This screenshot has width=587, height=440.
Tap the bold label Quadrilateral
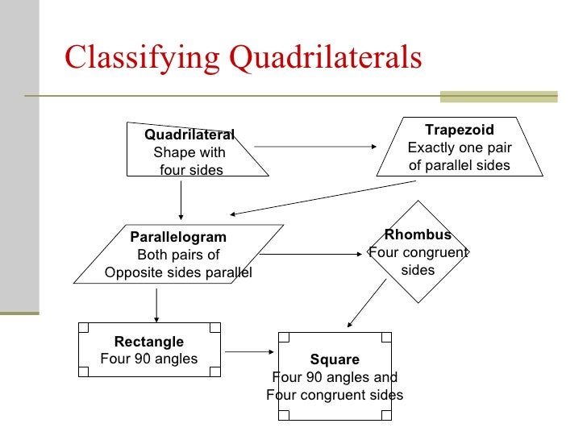[189, 135]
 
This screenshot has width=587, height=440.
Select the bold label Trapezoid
[459, 130]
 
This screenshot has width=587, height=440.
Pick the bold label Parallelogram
[178, 237]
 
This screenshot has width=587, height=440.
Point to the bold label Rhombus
[418, 235]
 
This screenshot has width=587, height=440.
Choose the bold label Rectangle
[149, 342]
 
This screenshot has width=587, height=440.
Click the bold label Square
[335, 359]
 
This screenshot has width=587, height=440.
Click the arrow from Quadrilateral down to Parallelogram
[181, 199]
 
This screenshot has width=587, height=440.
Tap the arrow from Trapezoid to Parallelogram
[323, 197]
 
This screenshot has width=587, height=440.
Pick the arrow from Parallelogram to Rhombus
[311, 255]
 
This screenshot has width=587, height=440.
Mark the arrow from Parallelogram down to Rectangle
[156, 304]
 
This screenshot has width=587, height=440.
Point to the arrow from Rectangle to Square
[250, 351]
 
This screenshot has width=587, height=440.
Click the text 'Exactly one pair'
[459, 147]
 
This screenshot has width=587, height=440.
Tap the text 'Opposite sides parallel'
[178, 272]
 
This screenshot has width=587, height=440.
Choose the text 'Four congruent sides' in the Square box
[335, 395]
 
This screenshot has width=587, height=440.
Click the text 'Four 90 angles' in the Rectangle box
[149, 359]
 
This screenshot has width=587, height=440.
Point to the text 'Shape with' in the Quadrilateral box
[189, 152]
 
